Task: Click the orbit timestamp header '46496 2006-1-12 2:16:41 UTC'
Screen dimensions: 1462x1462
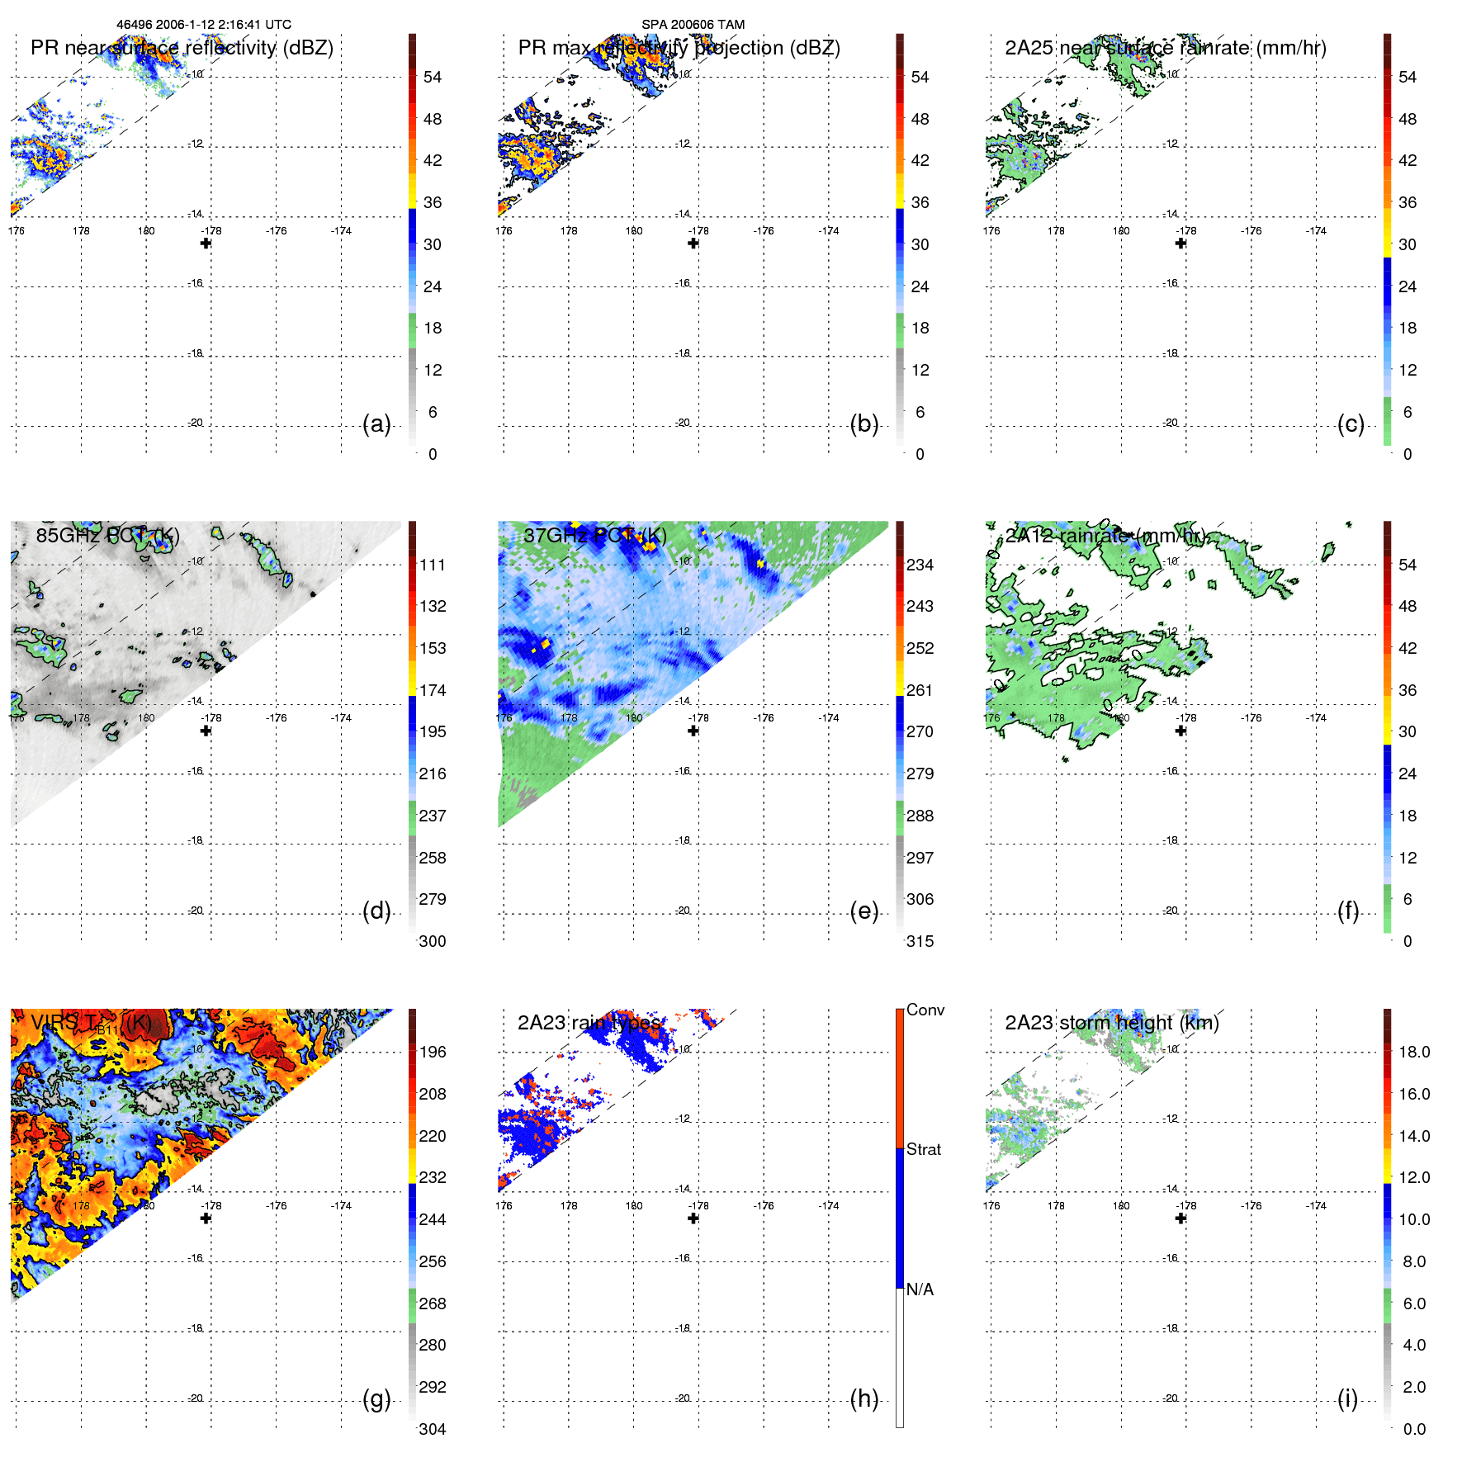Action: click(x=203, y=25)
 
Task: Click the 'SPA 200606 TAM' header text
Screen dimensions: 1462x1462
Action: click(x=693, y=25)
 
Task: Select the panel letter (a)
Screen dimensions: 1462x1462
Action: click(x=376, y=424)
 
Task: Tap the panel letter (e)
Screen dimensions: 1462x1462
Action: click(x=863, y=911)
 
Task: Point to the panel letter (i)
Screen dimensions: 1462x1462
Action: click(x=1347, y=1398)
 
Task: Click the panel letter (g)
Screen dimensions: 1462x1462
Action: click(x=376, y=1398)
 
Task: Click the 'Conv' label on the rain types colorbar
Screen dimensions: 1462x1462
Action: click(x=925, y=1010)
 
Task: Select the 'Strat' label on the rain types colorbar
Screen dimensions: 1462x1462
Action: click(x=923, y=1149)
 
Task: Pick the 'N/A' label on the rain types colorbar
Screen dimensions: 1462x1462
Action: click(x=920, y=1289)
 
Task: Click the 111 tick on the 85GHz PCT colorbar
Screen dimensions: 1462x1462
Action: click(x=432, y=565)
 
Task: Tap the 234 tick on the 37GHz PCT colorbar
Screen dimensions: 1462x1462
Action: click(x=920, y=565)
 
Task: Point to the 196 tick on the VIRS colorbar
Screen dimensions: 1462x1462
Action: click(x=432, y=1052)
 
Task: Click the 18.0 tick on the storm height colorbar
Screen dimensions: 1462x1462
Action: click(x=1413, y=1052)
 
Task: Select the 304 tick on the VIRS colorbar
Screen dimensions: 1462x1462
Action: click(x=432, y=1429)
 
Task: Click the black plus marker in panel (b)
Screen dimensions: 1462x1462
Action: click(x=693, y=244)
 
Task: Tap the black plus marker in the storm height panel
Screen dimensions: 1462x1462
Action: click(x=1180, y=1218)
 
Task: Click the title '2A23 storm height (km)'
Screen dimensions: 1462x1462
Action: click(x=1111, y=1023)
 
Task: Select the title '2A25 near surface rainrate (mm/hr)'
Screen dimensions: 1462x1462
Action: click(x=1165, y=48)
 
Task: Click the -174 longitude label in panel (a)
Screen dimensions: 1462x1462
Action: click(x=341, y=231)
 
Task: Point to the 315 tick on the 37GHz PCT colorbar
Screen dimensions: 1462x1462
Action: click(x=920, y=941)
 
